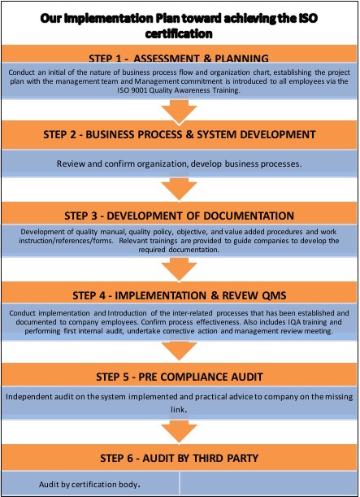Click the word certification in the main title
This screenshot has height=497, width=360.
[179, 34]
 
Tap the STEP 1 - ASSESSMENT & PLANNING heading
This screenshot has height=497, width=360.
[179, 58]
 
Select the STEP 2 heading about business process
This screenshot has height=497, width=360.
[180, 134]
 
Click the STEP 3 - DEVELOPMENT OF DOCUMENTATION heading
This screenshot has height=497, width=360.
[180, 216]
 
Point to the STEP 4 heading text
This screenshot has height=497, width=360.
[180, 295]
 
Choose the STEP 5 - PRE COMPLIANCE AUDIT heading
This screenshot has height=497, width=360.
[180, 377]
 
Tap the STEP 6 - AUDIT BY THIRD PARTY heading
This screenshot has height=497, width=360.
[180, 458]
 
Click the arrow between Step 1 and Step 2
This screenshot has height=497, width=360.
[180, 111]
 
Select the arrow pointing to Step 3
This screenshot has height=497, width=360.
[180, 189]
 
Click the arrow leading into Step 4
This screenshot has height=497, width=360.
[180, 269]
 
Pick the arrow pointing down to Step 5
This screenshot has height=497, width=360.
[180, 351]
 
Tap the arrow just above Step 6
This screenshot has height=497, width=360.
[180, 431]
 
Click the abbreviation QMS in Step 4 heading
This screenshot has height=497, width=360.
[274, 295]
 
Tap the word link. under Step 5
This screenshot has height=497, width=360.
[179, 409]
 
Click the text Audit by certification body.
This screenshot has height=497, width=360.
[89, 484]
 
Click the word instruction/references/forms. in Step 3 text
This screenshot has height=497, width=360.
[66, 241]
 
